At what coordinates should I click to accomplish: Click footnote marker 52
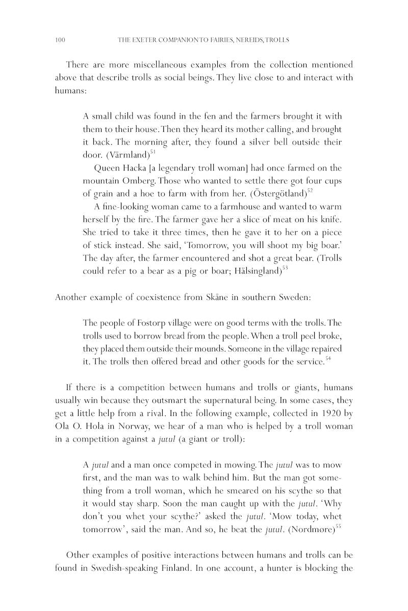(310, 190)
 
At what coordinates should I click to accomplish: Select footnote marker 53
(285, 268)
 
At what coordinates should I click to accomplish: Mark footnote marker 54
(328, 359)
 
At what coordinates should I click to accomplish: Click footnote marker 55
(338, 526)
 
